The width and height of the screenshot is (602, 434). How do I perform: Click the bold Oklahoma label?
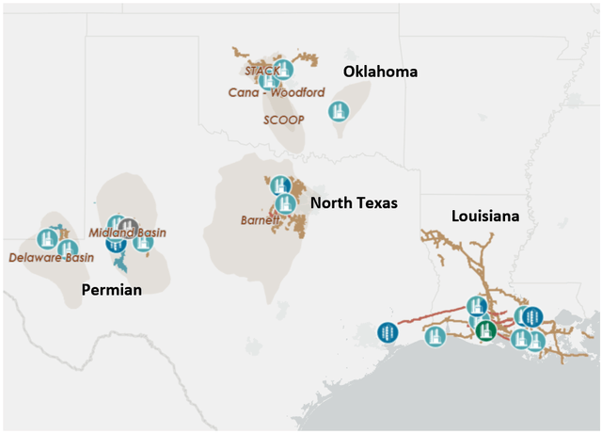tap(380, 72)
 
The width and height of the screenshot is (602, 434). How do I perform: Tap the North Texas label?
tap(354, 202)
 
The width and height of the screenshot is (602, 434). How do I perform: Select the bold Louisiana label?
tap(485, 216)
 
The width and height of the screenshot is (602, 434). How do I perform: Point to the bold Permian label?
tap(111, 289)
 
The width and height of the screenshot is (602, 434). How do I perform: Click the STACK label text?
tap(261, 71)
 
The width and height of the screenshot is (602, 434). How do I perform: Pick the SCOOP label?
tap(284, 120)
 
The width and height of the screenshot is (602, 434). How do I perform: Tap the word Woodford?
tap(297, 92)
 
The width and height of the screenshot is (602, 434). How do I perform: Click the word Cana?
tap(245, 92)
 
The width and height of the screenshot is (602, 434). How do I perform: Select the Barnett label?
tap(261, 221)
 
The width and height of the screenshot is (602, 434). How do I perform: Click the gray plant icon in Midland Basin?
tap(128, 228)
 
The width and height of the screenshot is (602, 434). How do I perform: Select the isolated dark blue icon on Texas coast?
tap(387, 332)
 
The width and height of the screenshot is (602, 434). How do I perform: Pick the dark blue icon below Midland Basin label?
tap(116, 243)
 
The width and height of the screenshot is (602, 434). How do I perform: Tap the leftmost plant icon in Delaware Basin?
tap(46, 239)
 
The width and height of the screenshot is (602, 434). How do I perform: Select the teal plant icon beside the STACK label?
tap(284, 69)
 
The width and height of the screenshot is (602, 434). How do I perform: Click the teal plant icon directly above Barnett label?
tap(279, 185)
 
